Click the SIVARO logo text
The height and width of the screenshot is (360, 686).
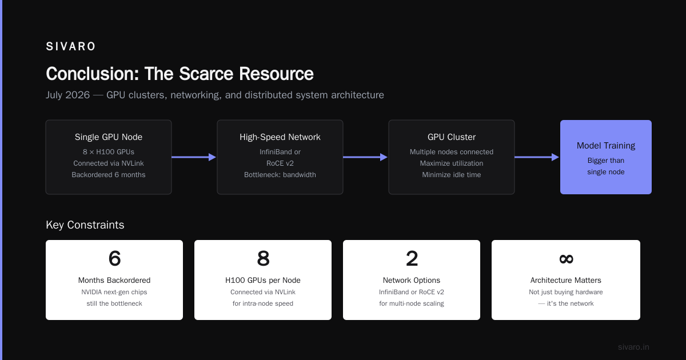click(x=70, y=46)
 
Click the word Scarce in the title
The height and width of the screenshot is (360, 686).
click(x=207, y=74)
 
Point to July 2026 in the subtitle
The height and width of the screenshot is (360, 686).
click(x=67, y=95)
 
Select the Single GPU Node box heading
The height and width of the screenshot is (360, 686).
click(x=109, y=137)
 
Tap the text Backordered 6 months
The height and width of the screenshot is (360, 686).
click(x=109, y=175)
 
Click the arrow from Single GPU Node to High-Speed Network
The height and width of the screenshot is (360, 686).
click(x=194, y=157)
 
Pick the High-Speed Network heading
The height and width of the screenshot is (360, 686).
click(x=280, y=137)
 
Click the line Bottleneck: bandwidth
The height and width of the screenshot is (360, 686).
click(x=280, y=175)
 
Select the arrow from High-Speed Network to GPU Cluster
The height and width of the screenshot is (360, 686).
click(x=365, y=157)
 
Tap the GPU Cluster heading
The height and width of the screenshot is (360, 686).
click(x=452, y=137)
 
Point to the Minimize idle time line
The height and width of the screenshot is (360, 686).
click(x=452, y=175)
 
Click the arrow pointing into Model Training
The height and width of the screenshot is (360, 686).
click(x=537, y=157)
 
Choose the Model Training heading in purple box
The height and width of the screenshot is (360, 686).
click(x=606, y=145)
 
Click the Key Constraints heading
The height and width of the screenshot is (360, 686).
click(x=85, y=225)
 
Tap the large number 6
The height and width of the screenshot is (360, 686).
click(x=114, y=258)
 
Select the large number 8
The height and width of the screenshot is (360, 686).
click(x=263, y=258)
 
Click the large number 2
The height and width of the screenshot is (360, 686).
click(x=412, y=258)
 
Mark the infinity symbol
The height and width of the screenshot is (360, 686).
click(x=566, y=259)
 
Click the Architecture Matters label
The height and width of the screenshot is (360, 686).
click(x=565, y=280)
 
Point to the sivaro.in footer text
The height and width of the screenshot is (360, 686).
click(x=633, y=347)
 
